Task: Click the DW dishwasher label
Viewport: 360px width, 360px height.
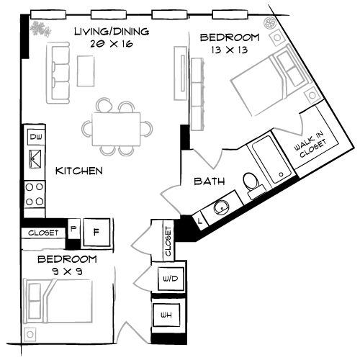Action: point(35,135)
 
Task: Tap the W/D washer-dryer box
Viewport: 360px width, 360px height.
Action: point(171,278)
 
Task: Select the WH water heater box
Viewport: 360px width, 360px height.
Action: point(166,315)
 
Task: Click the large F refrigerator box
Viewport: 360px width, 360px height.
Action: point(96,232)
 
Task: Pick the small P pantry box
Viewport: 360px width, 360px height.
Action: point(73,229)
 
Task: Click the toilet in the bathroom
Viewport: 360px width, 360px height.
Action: point(253,184)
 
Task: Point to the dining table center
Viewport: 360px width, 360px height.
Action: point(117,128)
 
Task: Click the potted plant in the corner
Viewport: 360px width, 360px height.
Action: point(40,27)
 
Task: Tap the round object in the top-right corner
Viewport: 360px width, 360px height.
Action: point(270,23)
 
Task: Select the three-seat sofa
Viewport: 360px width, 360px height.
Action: point(58,72)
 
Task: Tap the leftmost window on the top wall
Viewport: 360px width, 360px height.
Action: point(48,14)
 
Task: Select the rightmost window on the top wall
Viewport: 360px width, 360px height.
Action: point(230,14)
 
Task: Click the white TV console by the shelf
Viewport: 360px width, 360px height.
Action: point(181,73)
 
